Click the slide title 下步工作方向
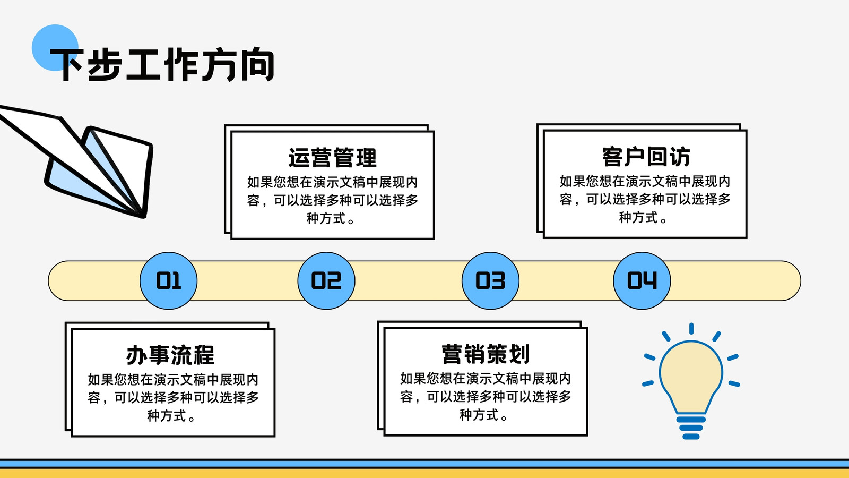tap(162, 64)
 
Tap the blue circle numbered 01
tap(168, 281)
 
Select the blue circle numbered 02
tap(326, 281)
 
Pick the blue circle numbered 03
tap(490, 281)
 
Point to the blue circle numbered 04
tap(642, 281)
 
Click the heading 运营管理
tap(332, 158)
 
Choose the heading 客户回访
tap(646, 157)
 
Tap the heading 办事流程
tap(170, 355)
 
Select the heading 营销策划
tap(486, 354)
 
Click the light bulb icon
tap(691, 381)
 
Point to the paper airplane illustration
tap(76, 161)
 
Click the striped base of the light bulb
tap(691, 428)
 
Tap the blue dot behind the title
tap(55, 48)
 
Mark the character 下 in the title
tap(67, 64)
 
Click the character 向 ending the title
tap(258, 64)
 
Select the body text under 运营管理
tap(332, 200)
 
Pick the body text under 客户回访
tap(645, 199)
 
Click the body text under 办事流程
tap(173, 398)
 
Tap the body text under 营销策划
tap(486, 396)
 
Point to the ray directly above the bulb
tap(691, 329)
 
